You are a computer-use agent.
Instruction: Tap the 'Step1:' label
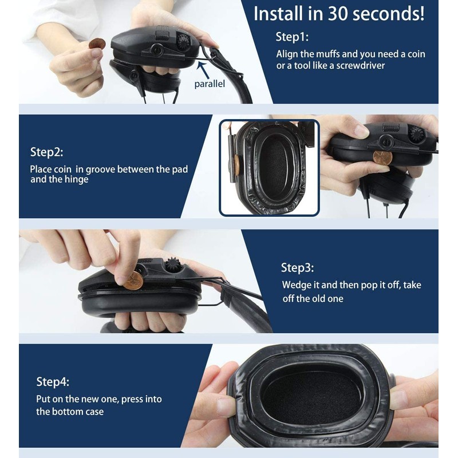click(292, 37)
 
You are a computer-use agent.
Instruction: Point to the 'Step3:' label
click(297, 267)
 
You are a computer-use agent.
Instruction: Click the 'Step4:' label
click(53, 382)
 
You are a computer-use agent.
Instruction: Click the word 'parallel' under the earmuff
click(209, 84)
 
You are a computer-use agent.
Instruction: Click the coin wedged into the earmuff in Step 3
click(133, 281)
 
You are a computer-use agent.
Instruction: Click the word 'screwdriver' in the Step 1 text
click(361, 65)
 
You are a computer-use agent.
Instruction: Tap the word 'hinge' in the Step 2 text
click(76, 180)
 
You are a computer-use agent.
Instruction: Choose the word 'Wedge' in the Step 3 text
click(296, 285)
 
